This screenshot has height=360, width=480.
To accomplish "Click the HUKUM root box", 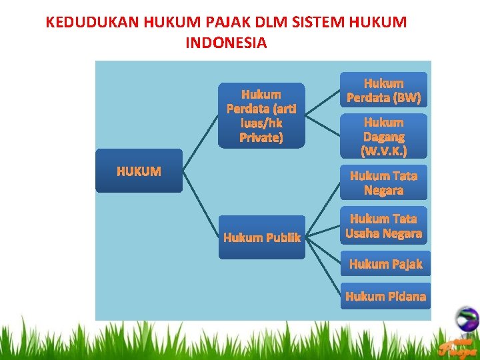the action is pyautogui.click(x=139, y=171).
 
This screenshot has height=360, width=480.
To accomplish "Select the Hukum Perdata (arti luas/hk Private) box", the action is pyautogui.click(x=261, y=115).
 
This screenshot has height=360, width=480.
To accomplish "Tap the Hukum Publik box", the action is pyautogui.click(x=261, y=237).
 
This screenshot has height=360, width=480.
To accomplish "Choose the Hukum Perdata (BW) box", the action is pyautogui.click(x=383, y=90).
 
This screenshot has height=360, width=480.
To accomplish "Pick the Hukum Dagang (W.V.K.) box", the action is pyautogui.click(x=383, y=136).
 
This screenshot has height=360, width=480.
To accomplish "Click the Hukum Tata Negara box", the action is pyautogui.click(x=383, y=183).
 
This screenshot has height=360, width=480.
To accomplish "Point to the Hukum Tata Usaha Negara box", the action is pyautogui.click(x=383, y=225).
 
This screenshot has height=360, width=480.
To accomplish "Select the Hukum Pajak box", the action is pyautogui.click(x=385, y=264).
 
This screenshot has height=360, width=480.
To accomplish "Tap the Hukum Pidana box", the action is pyautogui.click(x=385, y=296).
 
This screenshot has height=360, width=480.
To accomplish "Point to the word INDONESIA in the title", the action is pyautogui.click(x=226, y=43).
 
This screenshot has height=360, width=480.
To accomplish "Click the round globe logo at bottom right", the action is pyautogui.click(x=467, y=318).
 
